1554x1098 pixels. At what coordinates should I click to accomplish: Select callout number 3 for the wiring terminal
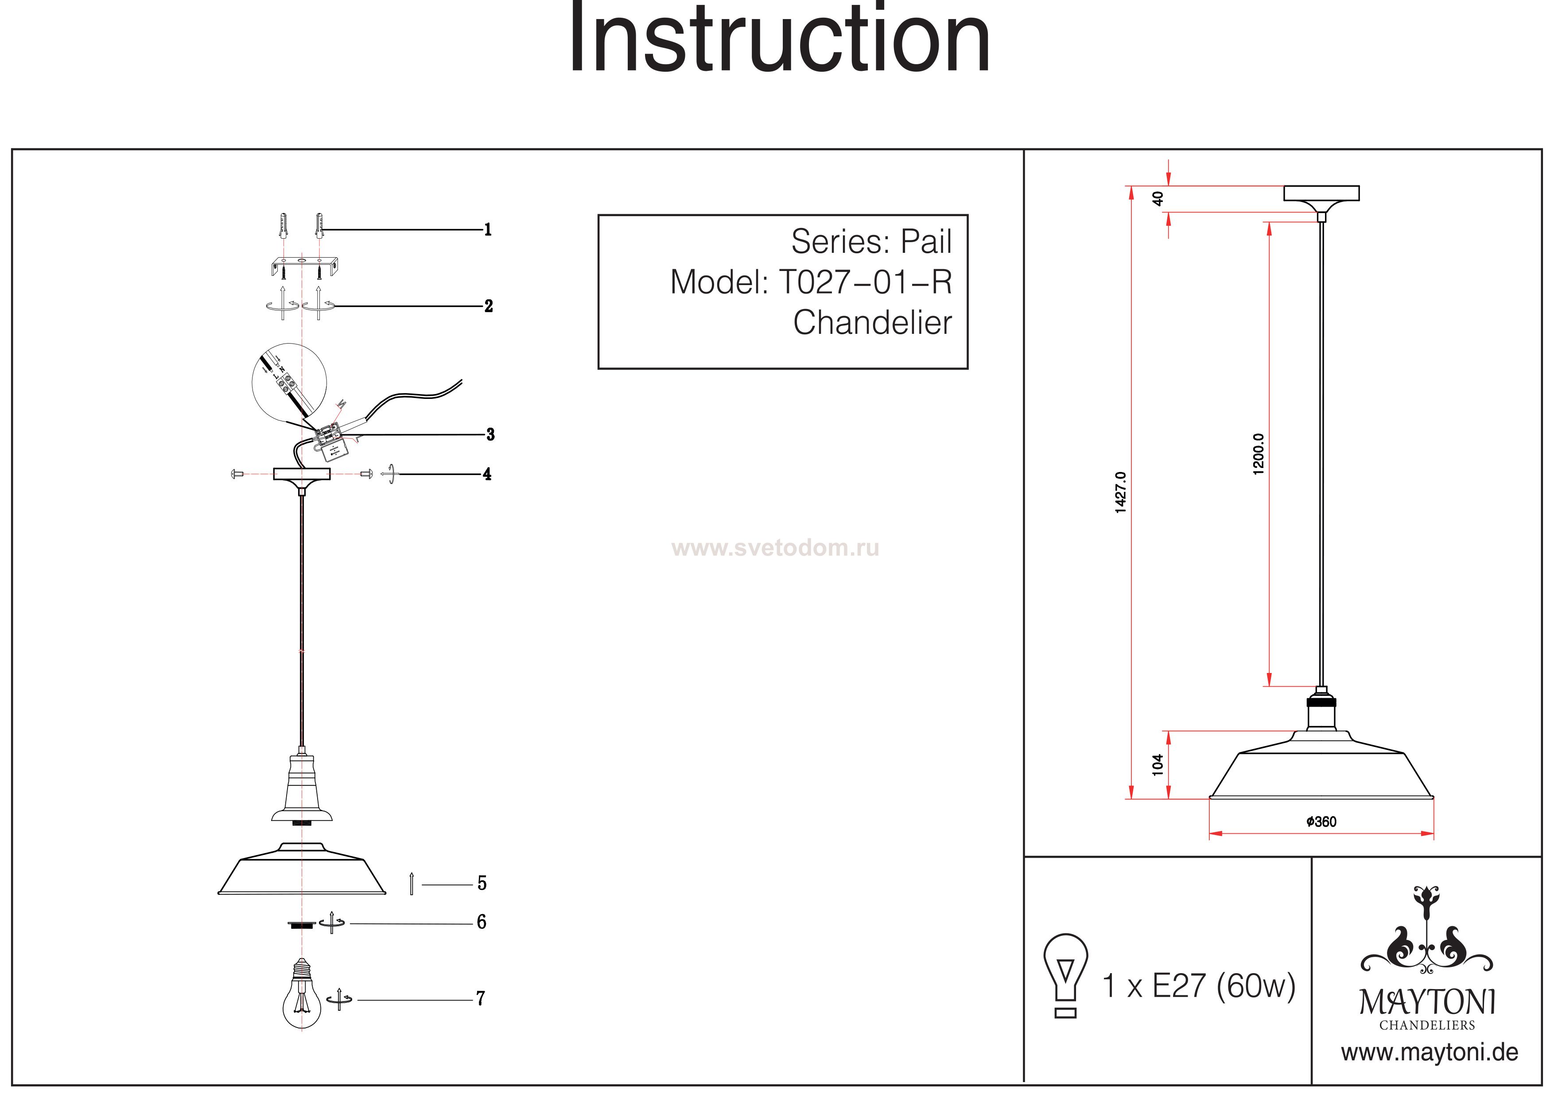[490, 434]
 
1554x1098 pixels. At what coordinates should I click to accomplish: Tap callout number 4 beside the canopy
[487, 474]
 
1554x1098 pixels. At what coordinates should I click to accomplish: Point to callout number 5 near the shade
[482, 883]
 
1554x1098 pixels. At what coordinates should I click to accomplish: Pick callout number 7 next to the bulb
[481, 998]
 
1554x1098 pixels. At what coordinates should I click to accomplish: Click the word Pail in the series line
[925, 242]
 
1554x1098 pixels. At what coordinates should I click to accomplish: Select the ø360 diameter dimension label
[1321, 822]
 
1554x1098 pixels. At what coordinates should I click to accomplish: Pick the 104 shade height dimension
[1158, 765]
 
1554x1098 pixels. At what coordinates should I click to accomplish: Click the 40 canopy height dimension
[1158, 198]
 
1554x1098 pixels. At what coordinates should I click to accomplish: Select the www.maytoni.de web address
[1430, 1053]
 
